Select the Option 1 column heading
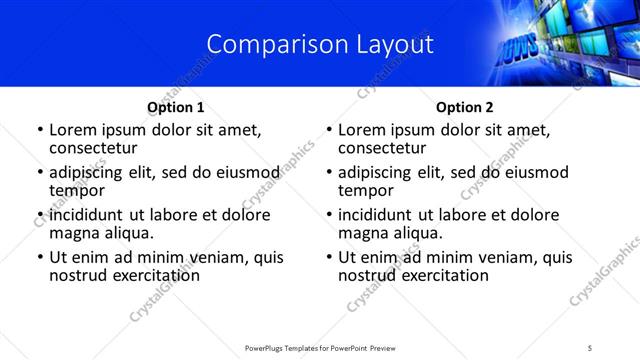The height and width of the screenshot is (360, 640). [x=175, y=107]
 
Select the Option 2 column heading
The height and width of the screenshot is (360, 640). [x=464, y=107]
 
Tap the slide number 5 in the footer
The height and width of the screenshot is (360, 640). [x=590, y=348]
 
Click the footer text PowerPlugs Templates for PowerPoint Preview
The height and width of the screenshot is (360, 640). [x=320, y=348]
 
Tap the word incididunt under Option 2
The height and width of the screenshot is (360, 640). [x=381, y=215]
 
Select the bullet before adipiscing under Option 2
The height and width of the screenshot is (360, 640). [x=329, y=173]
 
